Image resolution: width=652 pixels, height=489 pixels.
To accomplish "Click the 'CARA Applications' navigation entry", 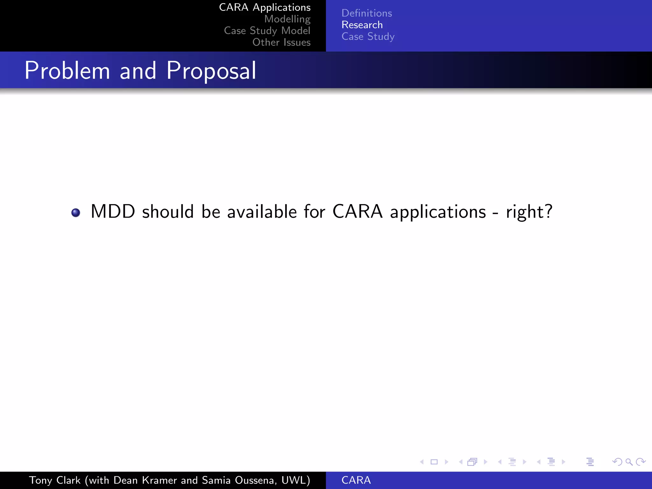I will (265, 8).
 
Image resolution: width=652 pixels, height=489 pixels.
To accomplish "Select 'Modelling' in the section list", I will (287, 19).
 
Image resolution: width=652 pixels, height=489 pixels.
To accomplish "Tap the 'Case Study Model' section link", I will (267, 31).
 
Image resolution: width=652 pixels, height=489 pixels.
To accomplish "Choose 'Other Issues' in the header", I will (281, 42).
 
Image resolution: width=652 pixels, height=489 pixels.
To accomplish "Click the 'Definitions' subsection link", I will (366, 13).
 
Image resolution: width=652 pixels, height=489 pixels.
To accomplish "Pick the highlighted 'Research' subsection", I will (362, 25).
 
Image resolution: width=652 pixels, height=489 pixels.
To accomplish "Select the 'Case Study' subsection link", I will (368, 37).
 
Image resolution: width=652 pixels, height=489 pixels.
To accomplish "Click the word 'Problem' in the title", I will (67, 70).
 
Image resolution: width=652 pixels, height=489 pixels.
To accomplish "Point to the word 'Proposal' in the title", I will (211, 70).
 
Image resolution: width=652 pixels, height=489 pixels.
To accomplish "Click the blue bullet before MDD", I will (76, 212).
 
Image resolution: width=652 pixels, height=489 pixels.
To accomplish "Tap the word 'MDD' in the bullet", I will (113, 211).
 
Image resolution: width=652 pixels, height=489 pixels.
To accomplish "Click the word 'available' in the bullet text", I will (262, 211).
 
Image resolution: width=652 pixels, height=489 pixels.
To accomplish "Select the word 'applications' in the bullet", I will (438, 212).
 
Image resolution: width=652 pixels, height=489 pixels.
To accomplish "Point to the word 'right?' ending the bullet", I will (529, 212).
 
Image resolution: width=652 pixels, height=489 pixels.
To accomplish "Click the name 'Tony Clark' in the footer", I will (55, 480).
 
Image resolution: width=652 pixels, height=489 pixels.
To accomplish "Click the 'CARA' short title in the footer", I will (356, 480).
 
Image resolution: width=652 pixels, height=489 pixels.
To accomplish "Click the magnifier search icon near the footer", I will (629, 462).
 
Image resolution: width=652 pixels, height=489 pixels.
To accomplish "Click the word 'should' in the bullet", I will (168, 211).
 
